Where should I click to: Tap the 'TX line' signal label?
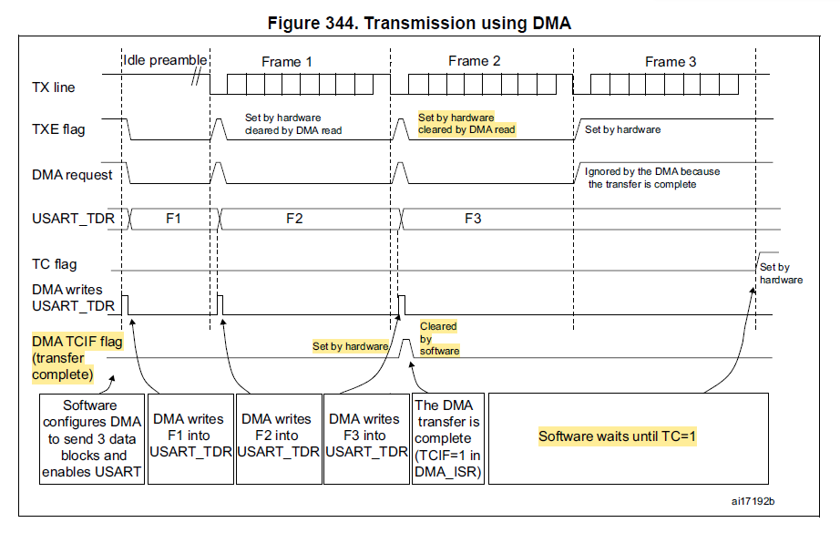tap(54, 87)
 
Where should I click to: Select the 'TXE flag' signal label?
tap(58, 129)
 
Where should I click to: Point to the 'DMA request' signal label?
tap(72, 175)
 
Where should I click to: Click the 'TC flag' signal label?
tap(54, 264)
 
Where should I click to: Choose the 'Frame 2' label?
tap(475, 61)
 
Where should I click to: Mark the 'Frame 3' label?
tap(671, 62)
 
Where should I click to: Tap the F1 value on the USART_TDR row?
tap(173, 219)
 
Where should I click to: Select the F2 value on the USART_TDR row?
tap(294, 219)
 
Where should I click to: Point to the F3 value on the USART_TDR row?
tap(473, 219)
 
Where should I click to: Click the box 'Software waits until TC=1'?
tap(618, 436)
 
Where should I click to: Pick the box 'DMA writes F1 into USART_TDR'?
tap(189, 436)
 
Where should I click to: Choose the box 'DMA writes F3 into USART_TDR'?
tap(365, 436)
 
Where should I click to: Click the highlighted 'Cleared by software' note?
tap(439, 338)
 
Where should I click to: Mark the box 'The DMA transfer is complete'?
tap(447, 436)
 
